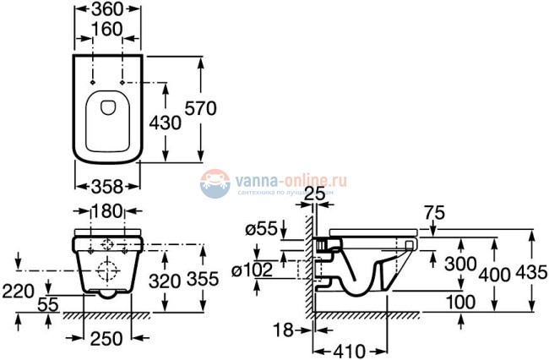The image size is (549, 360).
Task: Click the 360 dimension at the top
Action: point(107,10)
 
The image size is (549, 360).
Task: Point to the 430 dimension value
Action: point(166,123)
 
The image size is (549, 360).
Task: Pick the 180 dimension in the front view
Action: point(107,210)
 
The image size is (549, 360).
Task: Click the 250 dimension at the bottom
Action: point(107,338)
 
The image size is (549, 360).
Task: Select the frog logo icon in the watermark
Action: point(215,183)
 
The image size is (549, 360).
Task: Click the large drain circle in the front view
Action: point(107,272)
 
